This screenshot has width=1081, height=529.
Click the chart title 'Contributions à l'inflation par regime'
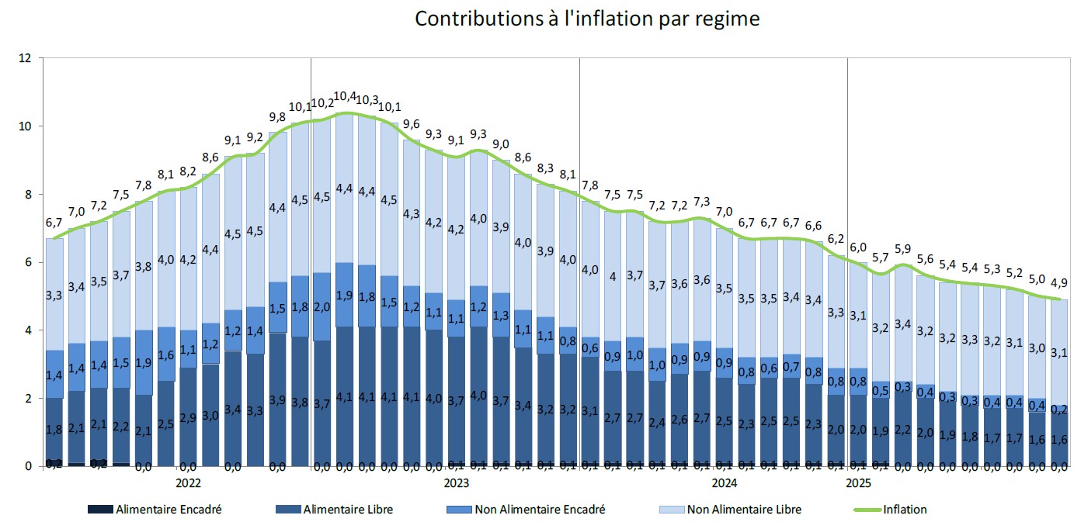586,19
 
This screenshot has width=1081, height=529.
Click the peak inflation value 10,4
345,97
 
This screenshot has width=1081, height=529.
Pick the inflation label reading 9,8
277,117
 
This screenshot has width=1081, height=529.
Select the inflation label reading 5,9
902,249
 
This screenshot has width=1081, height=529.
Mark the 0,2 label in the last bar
1060,409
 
